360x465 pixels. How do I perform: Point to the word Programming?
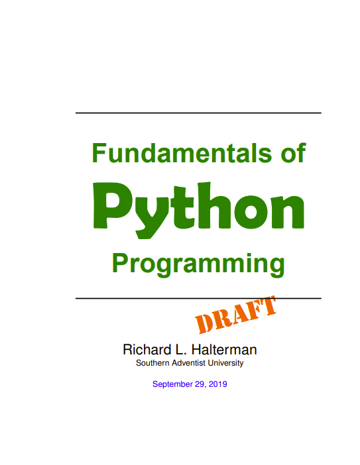(198, 263)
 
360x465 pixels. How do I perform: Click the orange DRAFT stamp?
(236, 315)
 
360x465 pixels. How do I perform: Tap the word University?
(226, 363)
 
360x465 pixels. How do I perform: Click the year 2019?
(217, 384)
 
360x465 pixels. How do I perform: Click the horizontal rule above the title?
(198, 113)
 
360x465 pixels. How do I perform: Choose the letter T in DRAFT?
(266, 305)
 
